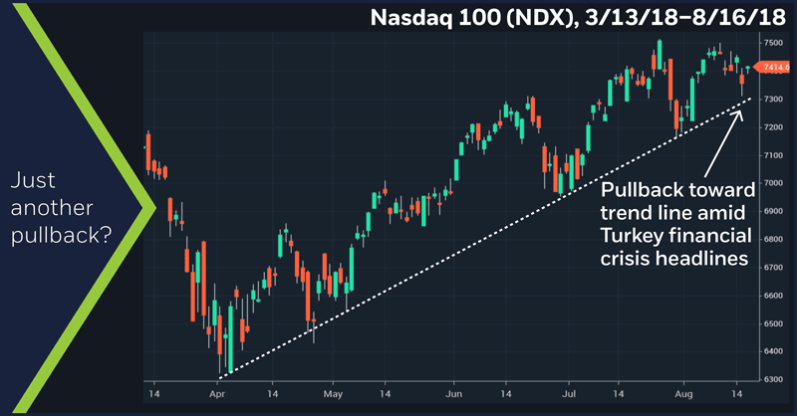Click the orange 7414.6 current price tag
coord(776,68)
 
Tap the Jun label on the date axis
coord(453,394)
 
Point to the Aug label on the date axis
coord(685,394)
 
